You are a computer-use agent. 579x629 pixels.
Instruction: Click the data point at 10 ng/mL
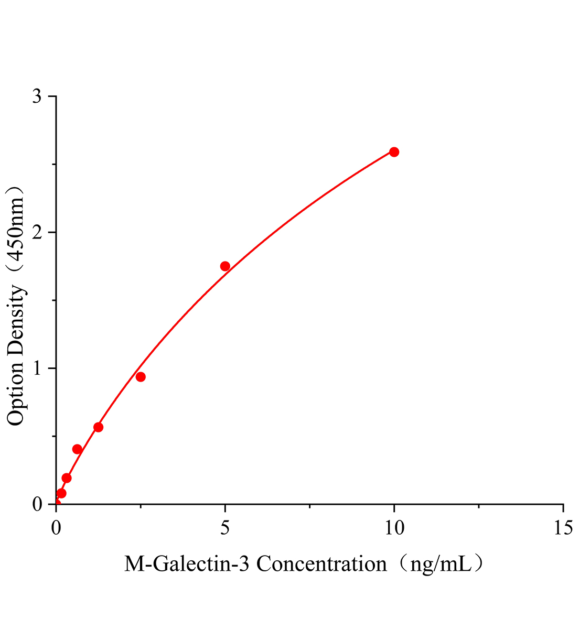coord(394,152)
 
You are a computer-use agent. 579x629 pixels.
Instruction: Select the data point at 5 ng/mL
coord(225,266)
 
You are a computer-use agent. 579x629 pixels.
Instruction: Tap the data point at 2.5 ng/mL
coord(141,377)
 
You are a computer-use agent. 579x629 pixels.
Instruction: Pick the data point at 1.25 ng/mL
coord(98,427)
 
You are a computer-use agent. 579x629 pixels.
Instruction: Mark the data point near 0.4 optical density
coord(77,449)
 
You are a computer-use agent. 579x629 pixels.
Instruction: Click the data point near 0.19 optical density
coord(67,478)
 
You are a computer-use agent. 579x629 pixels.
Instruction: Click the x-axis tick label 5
coord(225,528)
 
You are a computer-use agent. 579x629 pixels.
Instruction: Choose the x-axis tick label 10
coord(394,528)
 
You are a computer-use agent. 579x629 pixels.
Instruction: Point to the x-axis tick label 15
coord(563,528)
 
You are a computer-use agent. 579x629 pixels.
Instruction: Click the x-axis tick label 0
coord(56,528)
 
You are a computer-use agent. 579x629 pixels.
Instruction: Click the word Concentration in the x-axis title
coord(321,565)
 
